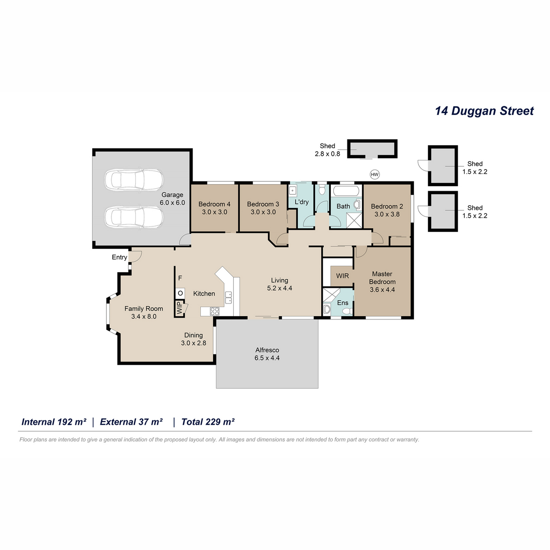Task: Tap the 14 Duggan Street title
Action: [x=484, y=111]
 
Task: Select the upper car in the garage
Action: [x=134, y=180]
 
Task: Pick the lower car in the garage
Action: [x=134, y=217]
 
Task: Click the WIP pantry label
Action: [x=179, y=308]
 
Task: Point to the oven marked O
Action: [x=180, y=293]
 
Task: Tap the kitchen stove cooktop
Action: [x=214, y=311]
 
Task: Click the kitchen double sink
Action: [x=228, y=297]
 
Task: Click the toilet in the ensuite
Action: [x=347, y=311]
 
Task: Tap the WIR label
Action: [x=342, y=276]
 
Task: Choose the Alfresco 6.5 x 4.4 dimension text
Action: [x=267, y=358]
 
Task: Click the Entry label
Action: [x=119, y=258]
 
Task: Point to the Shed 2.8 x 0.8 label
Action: [x=327, y=150]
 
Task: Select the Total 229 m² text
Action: [x=208, y=422]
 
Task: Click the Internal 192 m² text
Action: [x=54, y=422]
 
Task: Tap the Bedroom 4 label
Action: [x=214, y=204]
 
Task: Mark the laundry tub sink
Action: [x=292, y=190]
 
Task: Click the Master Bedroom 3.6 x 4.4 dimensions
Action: [x=382, y=290]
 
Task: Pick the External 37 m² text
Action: [x=131, y=422]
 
